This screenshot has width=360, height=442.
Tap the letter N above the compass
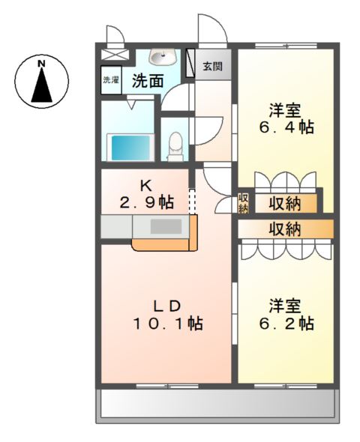coord(43,63)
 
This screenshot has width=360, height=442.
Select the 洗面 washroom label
coord(147,81)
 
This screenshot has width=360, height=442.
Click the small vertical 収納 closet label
coord(243,202)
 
